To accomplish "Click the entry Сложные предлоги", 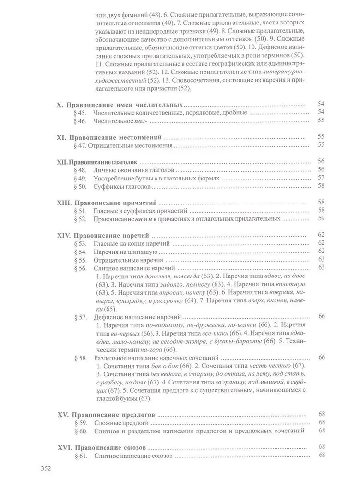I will (x=120, y=423).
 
